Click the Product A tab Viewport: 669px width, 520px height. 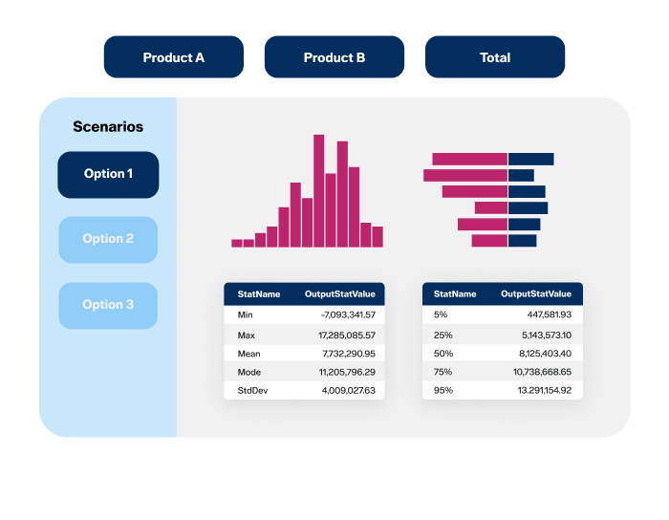(x=173, y=57)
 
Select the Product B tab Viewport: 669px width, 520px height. (x=334, y=57)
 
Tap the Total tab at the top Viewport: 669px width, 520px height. (x=495, y=57)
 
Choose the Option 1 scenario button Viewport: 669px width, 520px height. (x=108, y=174)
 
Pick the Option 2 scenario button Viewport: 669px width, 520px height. (x=108, y=239)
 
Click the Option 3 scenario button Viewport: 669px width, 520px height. (x=108, y=305)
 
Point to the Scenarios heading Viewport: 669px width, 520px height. (x=108, y=126)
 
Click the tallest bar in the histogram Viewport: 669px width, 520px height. (x=318, y=190)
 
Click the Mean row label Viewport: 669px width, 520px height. (x=248, y=354)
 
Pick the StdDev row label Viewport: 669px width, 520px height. (x=252, y=391)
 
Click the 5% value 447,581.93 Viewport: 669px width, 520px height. (x=545, y=314)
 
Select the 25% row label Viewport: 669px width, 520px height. (x=443, y=336)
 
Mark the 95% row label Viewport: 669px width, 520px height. (x=443, y=391)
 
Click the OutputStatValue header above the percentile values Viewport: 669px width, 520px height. (x=535, y=293)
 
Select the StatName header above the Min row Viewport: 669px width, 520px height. (x=259, y=293)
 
